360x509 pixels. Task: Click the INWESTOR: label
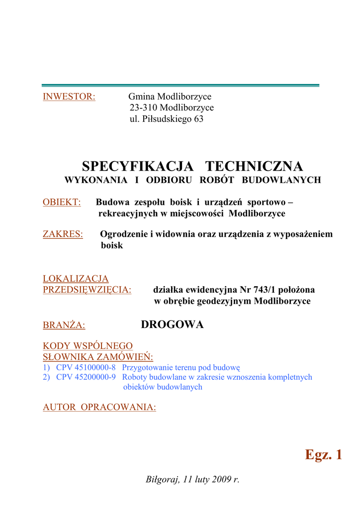tap(69, 96)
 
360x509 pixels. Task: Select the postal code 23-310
tap(144, 108)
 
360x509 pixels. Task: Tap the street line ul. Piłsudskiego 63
tap(167, 119)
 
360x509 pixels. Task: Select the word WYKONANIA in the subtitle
tap(93, 180)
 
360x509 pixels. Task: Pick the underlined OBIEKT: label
tap(62, 202)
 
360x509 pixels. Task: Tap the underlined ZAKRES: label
tap(63, 234)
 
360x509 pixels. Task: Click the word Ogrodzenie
tap(124, 234)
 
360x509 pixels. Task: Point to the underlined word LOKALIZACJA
tap(76, 279)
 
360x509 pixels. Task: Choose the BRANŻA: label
tap(64, 326)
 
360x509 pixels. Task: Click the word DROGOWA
tap(173, 325)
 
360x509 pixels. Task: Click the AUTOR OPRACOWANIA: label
tap(99, 407)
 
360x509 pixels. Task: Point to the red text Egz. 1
tap(323, 454)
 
